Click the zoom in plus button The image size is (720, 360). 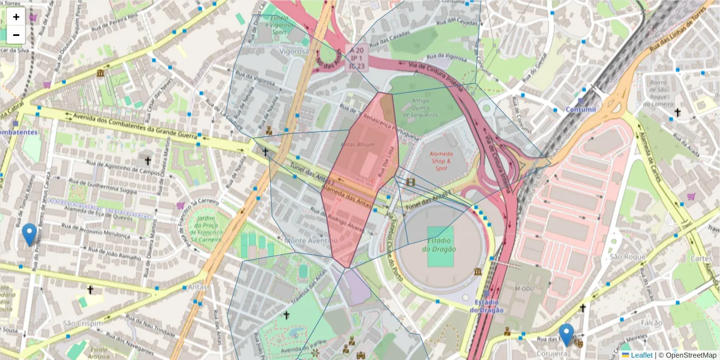click(16, 17)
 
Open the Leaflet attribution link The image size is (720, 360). click(641, 355)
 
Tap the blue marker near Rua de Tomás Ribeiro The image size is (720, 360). click(28, 235)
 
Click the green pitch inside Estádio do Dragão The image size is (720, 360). click(442, 246)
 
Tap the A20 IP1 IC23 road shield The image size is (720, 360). click(357, 58)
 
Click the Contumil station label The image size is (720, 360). click(581, 110)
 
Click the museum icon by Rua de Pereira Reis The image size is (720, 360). click(99, 73)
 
